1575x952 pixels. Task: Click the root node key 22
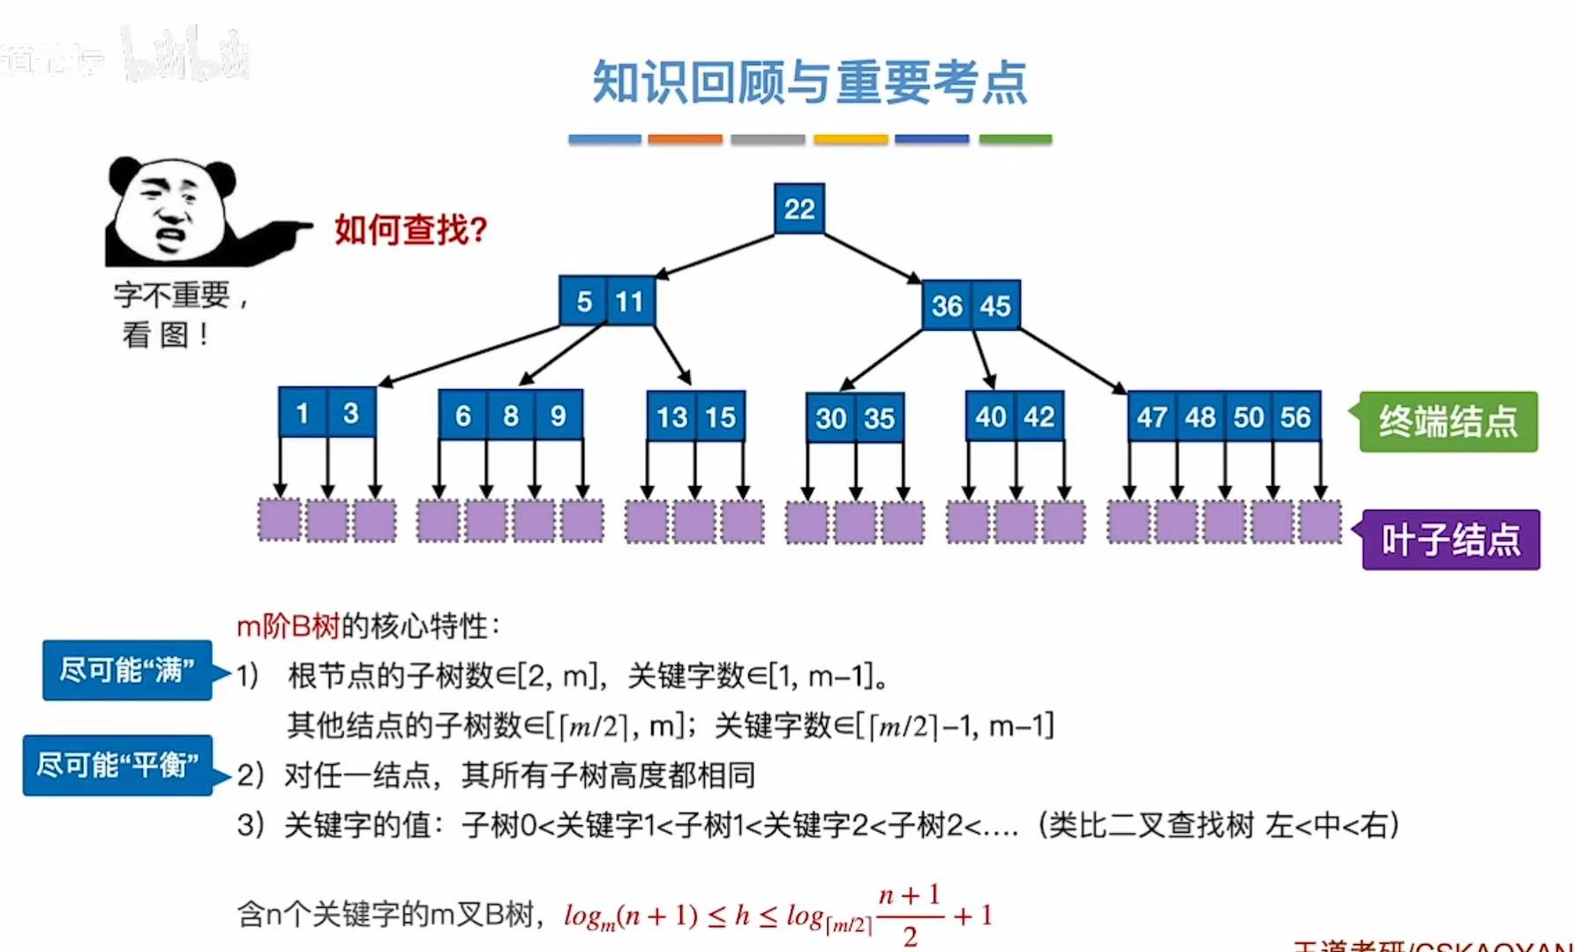click(x=799, y=209)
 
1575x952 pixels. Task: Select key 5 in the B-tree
click(x=583, y=302)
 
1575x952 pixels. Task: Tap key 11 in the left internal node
click(x=630, y=302)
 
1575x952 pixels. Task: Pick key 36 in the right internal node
click(x=947, y=306)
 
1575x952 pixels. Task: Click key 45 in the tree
click(x=995, y=306)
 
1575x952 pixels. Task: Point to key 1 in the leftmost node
click(x=303, y=413)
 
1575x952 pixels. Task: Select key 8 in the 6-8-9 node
click(x=511, y=416)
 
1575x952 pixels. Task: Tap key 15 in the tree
click(x=720, y=416)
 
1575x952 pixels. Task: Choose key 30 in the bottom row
click(x=831, y=418)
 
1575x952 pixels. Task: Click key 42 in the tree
click(x=1039, y=416)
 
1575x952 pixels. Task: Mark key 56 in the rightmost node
click(x=1295, y=416)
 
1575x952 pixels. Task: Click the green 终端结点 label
click(x=1448, y=422)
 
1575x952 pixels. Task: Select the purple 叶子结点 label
click(x=1451, y=540)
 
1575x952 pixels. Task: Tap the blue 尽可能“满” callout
click(x=127, y=671)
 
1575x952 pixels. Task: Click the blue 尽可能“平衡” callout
click(x=117, y=765)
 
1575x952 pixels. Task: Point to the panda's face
click(x=170, y=212)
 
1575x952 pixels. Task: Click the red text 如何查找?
click(x=410, y=230)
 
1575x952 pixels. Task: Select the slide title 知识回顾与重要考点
click(x=809, y=82)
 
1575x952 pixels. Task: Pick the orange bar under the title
click(x=685, y=139)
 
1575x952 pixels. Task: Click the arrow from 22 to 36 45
click(x=872, y=258)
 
